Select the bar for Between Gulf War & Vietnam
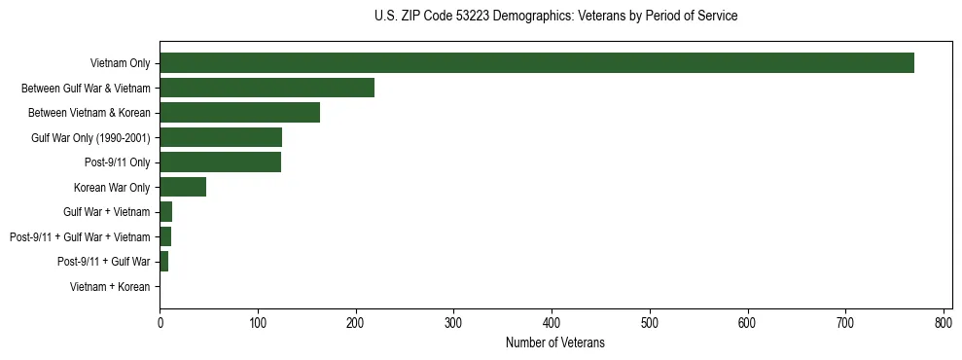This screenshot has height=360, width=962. [x=267, y=89]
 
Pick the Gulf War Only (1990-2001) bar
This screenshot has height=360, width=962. [x=221, y=137]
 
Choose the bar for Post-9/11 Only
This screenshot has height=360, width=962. [x=221, y=162]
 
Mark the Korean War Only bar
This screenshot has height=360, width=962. [x=183, y=187]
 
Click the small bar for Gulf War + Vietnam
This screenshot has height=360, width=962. [x=166, y=212]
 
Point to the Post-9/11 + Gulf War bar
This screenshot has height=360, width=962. [x=164, y=262]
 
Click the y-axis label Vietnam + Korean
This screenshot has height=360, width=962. [x=110, y=287]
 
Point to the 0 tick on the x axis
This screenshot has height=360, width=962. [x=160, y=322]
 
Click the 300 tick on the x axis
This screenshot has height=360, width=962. [x=454, y=322]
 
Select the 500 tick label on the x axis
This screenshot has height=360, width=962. [x=650, y=322]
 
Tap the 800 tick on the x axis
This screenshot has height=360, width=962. [x=944, y=322]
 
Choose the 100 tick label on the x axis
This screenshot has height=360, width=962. [x=258, y=322]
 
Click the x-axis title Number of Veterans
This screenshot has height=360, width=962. [x=555, y=342]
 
